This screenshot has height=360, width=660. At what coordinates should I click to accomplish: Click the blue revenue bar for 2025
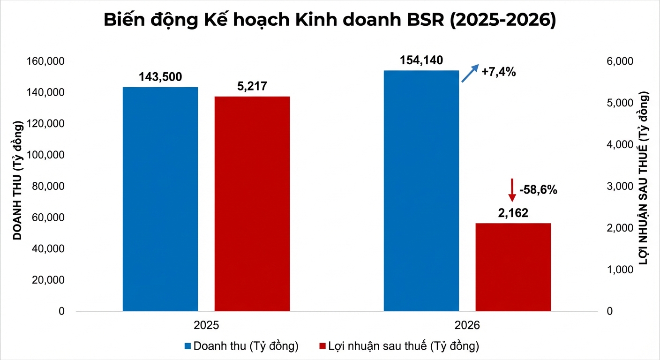pos(160,199)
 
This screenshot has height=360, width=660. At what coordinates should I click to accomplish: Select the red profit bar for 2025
pos(252,204)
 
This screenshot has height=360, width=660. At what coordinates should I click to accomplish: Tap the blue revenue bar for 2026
pos(421,191)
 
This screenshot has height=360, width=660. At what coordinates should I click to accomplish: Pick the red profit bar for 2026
pos(513,267)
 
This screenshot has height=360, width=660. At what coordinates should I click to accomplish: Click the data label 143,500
pos(160,77)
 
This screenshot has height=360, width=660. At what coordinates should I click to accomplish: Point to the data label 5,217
pos(252,87)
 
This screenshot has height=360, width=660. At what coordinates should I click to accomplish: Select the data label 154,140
pos(421,60)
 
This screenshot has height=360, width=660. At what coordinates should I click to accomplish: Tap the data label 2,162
pos(513,213)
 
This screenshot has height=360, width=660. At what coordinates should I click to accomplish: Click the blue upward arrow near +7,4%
pos(470,73)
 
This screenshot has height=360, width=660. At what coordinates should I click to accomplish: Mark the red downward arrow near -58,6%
pos(512,190)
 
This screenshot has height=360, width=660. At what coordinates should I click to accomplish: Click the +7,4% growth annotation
pos(499,72)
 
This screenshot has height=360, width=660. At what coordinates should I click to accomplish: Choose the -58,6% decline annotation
pos(538,190)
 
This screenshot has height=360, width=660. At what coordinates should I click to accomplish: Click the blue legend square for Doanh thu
pos(187,346)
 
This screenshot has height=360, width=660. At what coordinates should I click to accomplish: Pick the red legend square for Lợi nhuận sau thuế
pos(322,346)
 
